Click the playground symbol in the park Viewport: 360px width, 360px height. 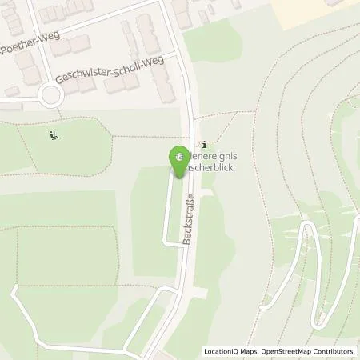pyautogui.click(x=53, y=134)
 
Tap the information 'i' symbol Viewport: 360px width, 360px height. pyautogui.click(x=206, y=144)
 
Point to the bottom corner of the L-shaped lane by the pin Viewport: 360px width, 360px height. pyautogui.click(x=166, y=242)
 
